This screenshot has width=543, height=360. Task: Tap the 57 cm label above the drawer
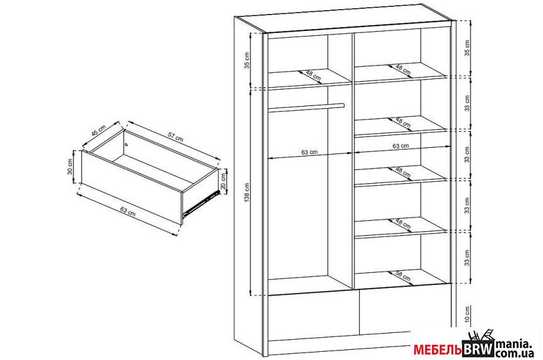tap(175, 137)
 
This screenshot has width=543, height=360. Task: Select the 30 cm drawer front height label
tap(71, 167)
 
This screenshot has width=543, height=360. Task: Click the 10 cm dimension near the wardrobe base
tap(467, 314)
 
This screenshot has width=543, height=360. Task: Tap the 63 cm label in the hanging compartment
tap(309, 152)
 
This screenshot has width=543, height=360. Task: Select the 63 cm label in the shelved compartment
tap(400, 146)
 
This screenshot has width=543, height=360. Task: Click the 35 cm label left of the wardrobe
tap(247, 61)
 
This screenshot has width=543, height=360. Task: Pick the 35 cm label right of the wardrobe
tap(467, 48)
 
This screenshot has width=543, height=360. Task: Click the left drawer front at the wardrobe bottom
tap(313, 314)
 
